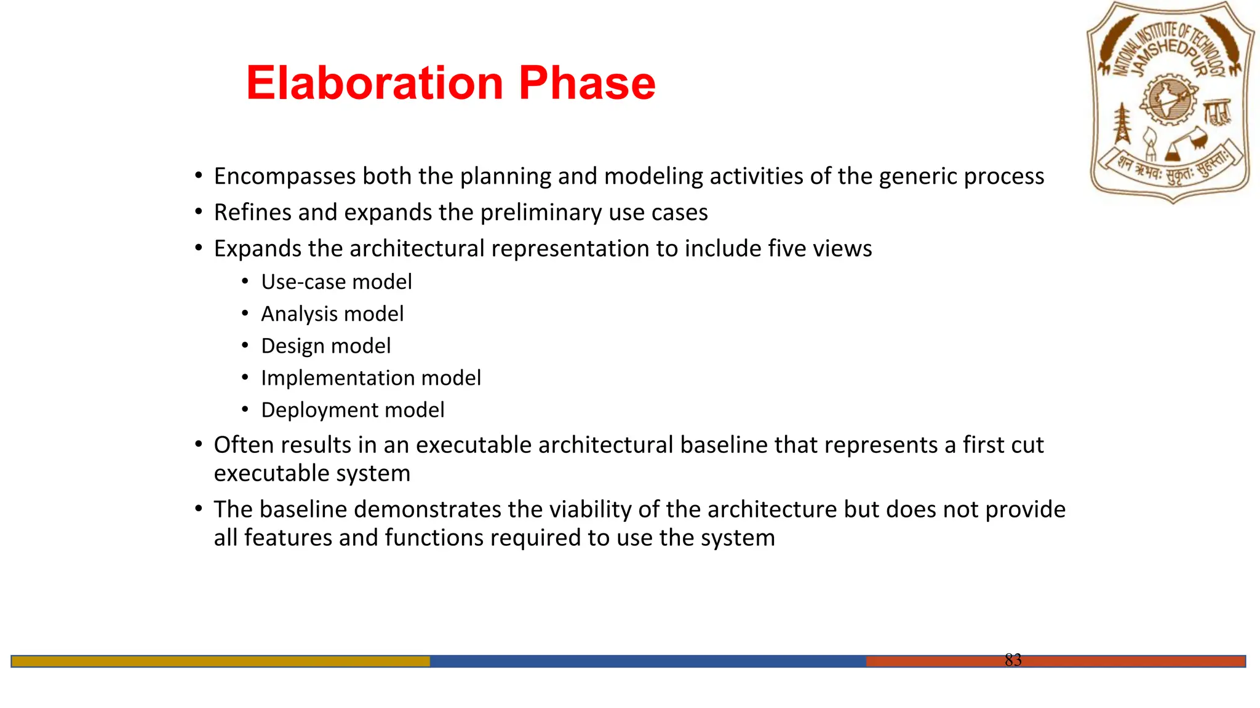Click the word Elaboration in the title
(x=374, y=83)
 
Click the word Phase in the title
(x=587, y=83)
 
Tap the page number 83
(x=1013, y=660)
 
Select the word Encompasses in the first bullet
(x=285, y=176)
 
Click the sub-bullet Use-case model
(x=337, y=282)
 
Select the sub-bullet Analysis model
(x=332, y=314)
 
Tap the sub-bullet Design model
(x=325, y=346)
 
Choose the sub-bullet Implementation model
(x=371, y=378)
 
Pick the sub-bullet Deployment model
(x=353, y=410)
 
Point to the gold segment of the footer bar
(x=220, y=661)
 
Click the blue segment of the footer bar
(x=647, y=661)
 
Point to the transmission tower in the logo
(x=1123, y=123)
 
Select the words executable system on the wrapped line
(x=312, y=474)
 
